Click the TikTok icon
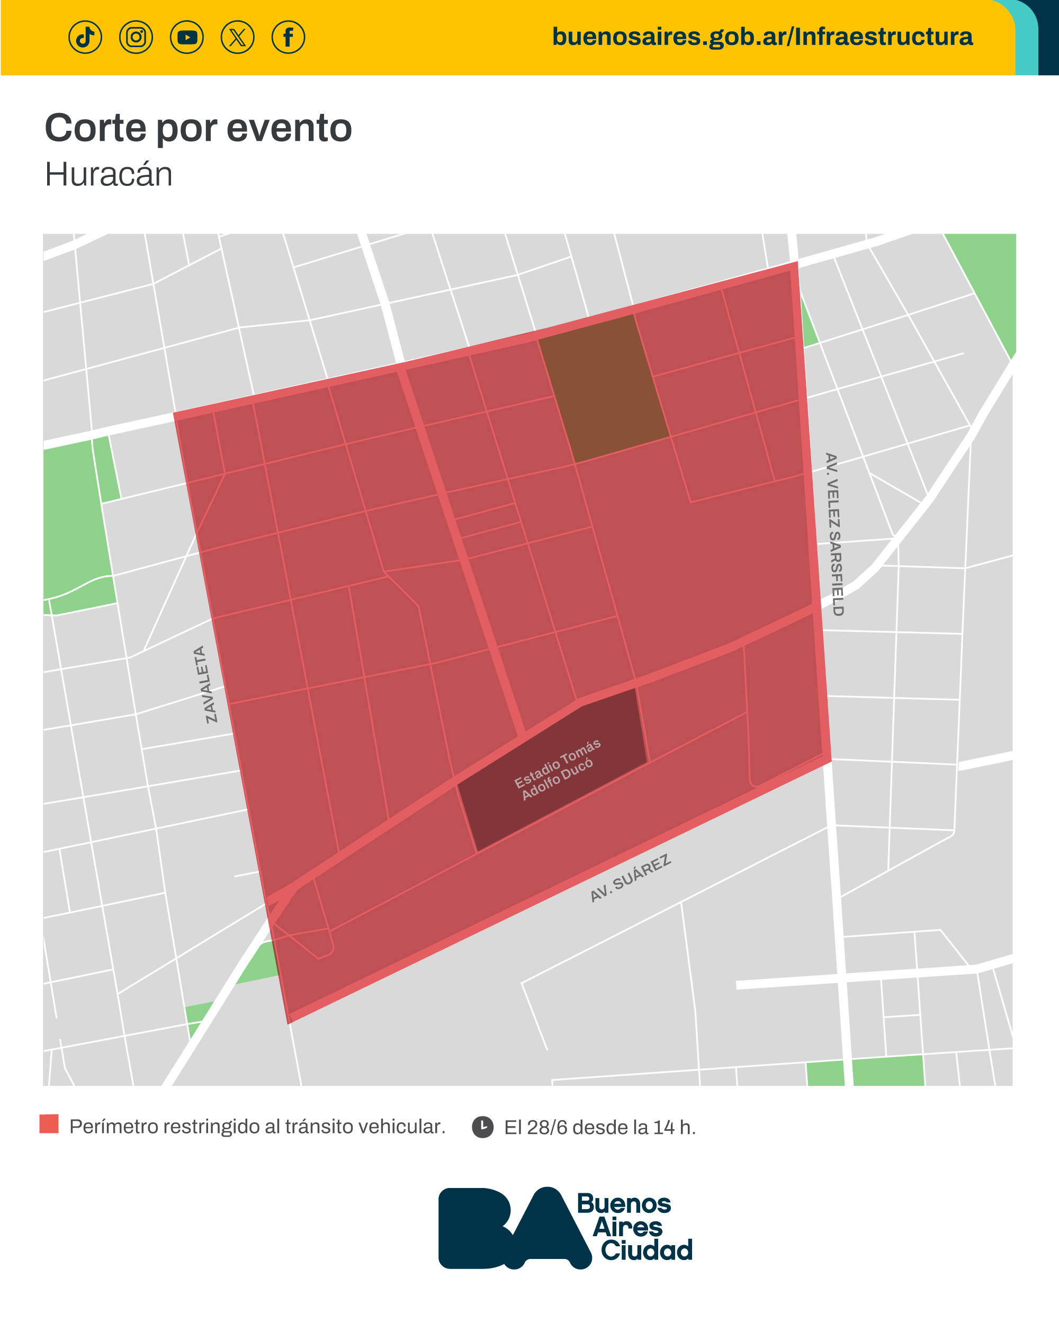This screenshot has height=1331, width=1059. pyautogui.click(x=85, y=37)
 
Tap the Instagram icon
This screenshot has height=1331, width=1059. pyautogui.click(x=136, y=37)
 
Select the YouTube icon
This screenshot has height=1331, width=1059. pyautogui.click(x=187, y=37)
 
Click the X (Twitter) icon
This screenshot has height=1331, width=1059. pyautogui.click(x=238, y=37)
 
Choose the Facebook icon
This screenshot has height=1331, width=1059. pyautogui.click(x=288, y=37)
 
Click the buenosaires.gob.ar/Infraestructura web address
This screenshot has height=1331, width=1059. pyautogui.click(x=762, y=37)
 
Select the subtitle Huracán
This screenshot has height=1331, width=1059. pyautogui.click(x=109, y=174)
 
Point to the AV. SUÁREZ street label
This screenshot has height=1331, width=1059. pyautogui.click(x=630, y=879)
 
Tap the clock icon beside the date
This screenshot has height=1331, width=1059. pyautogui.click(x=482, y=1127)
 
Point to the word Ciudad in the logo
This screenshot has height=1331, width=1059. pyautogui.click(x=646, y=1250)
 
